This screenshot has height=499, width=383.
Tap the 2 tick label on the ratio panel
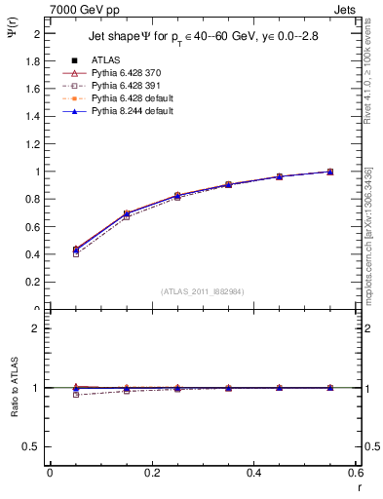[x=39, y=328]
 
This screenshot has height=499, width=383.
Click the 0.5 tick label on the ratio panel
[x=35, y=446]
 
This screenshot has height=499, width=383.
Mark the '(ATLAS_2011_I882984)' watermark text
[x=203, y=291]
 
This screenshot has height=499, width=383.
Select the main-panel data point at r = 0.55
[x=330, y=172]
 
